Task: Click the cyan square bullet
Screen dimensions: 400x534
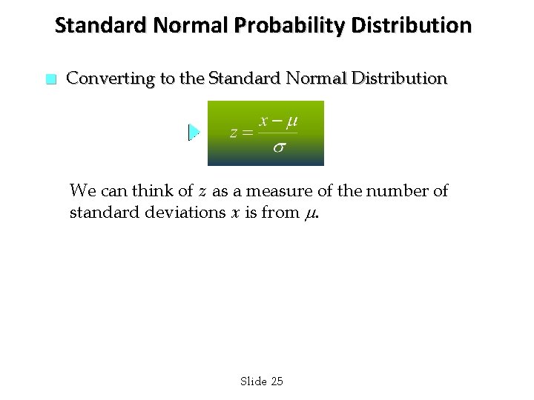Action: point(50,79)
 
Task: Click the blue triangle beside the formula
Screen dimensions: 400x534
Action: point(194,133)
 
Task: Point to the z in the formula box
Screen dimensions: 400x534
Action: point(234,133)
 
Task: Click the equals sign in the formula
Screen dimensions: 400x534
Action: point(248,133)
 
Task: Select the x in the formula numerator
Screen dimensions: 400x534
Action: point(263,121)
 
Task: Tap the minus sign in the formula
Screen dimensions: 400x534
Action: point(276,121)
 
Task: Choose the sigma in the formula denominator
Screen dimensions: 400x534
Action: point(278,147)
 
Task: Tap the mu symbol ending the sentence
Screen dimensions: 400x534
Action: point(311,215)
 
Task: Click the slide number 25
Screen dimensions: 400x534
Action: point(277,381)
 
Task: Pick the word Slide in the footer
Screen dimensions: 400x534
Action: point(253,381)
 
